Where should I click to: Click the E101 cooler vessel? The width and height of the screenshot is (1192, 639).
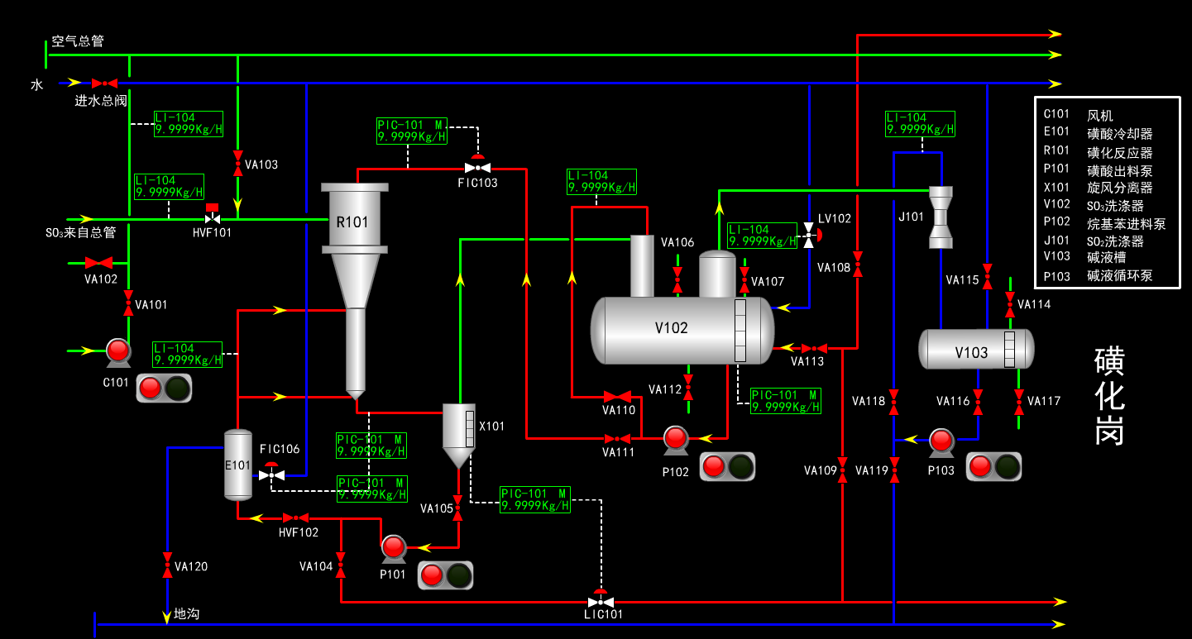click(238, 465)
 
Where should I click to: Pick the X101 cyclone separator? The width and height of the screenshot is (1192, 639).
click(458, 430)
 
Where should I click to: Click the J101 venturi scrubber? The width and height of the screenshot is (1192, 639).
click(941, 217)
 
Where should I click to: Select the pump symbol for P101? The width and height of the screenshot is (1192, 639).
click(393, 547)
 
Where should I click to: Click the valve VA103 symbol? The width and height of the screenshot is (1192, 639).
click(238, 157)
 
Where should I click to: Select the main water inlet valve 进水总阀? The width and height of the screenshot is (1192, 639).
click(104, 83)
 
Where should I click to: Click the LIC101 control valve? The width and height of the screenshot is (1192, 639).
click(601, 601)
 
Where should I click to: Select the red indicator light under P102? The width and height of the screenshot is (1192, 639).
click(714, 467)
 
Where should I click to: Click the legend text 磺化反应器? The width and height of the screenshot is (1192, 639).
click(1119, 153)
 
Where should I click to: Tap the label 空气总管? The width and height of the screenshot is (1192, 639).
click(78, 41)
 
